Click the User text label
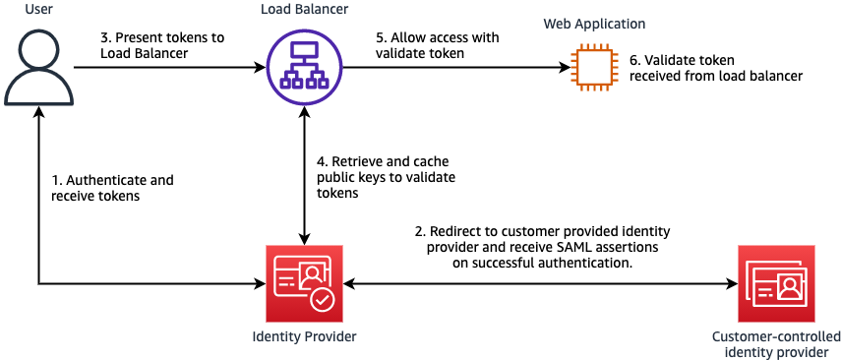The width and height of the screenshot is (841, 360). tap(38, 10)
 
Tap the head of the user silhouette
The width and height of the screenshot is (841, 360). tap(38, 48)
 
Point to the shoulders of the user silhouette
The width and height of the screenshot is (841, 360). tap(38, 89)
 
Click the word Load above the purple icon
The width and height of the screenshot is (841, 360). tap(275, 10)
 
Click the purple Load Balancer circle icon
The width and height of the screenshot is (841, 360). tap(304, 67)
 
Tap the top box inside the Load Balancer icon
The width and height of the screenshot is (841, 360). tap(304, 52)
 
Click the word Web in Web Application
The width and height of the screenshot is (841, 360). tap(557, 24)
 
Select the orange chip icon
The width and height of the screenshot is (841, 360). tap(594, 68)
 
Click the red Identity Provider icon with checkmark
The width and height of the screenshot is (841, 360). tap(304, 283)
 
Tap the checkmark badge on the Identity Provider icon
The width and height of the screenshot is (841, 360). tap(322, 299)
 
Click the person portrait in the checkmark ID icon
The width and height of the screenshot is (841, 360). tap(312, 275)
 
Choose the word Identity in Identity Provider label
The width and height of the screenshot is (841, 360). tap(275, 337)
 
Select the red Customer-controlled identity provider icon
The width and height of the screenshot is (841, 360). tap(776, 283)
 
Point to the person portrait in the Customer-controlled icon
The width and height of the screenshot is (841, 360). tap(788, 286)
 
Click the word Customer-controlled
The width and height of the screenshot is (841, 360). tap(776, 337)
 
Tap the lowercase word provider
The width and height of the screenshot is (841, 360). tap(804, 352)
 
